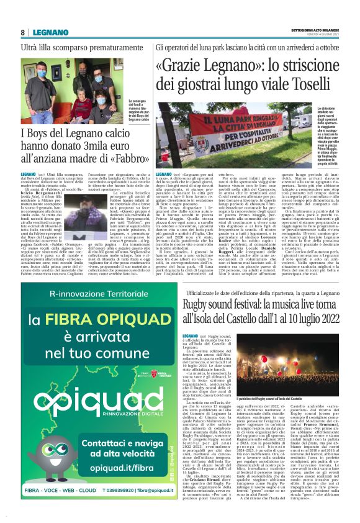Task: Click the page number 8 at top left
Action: [x=22, y=32]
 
